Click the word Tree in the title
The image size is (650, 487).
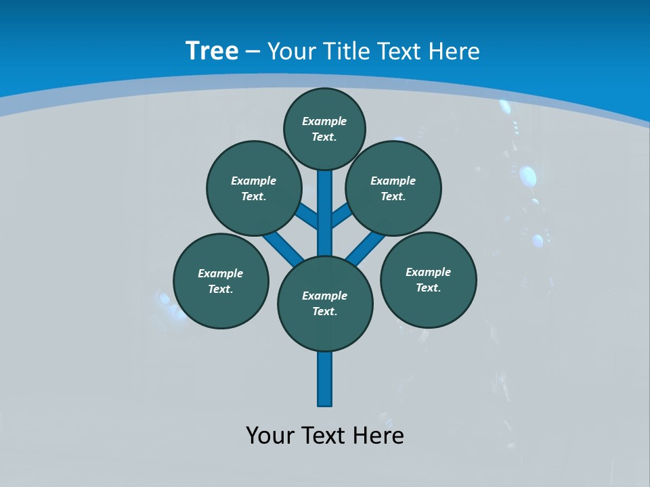212,51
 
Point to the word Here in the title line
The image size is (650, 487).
454,51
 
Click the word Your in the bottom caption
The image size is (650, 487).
269,436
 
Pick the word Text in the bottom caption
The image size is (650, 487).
324,436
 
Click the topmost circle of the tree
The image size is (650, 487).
324,129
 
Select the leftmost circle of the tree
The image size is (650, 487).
221,281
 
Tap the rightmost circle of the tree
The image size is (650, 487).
428,279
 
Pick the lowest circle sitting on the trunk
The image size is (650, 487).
325,304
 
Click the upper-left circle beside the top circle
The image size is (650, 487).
253,188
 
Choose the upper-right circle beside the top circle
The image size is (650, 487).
393,188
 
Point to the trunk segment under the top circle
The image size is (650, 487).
325,203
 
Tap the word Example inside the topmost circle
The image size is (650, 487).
324,121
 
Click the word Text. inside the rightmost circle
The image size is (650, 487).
428,287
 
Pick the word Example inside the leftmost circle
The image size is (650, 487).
221,273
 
